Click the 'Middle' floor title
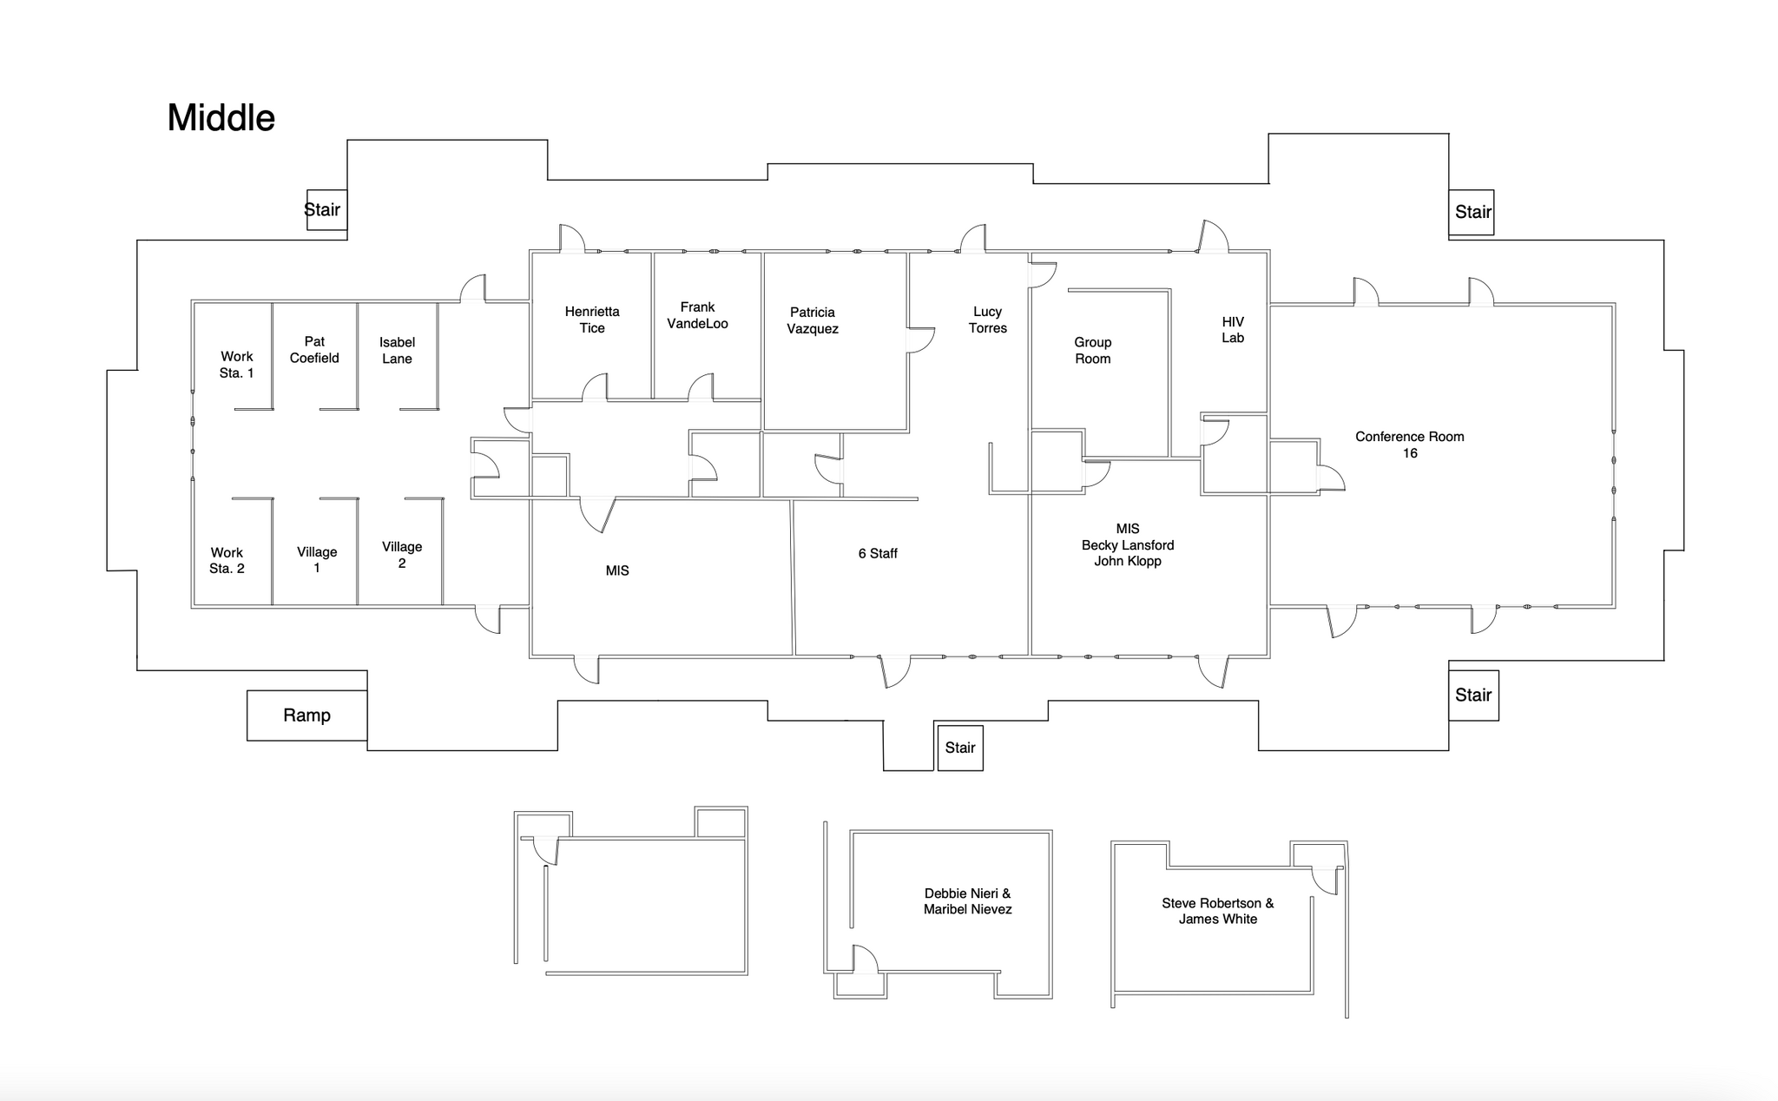pyautogui.click(x=221, y=118)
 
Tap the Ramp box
pyautogui.click(x=306, y=715)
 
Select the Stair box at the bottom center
pyautogui.click(x=960, y=748)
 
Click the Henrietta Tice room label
pyautogui.click(x=592, y=320)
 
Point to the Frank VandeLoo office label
pyautogui.click(x=697, y=315)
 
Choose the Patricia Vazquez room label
pyautogui.click(x=813, y=320)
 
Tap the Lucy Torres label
pyautogui.click(x=988, y=320)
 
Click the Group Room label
pyautogui.click(x=1092, y=351)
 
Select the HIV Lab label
pyautogui.click(x=1233, y=330)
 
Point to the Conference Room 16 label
pyautogui.click(x=1410, y=445)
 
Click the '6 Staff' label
pyautogui.click(x=878, y=553)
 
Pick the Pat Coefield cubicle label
pyautogui.click(x=314, y=350)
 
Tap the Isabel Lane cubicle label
pyautogui.click(x=397, y=351)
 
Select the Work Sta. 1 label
pyautogui.click(x=236, y=365)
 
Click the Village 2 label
pyautogui.click(x=402, y=555)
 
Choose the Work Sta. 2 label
pyautogui.click(x=227, y=561)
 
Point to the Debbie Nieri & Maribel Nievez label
pyautogui.click(x=967, y=901)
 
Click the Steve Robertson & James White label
pyautogui.click(x=1218, y=911)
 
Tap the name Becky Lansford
pyautogui.click(x=1128, y=545)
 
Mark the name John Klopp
pyautogui.click(x=1128, y=561)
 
